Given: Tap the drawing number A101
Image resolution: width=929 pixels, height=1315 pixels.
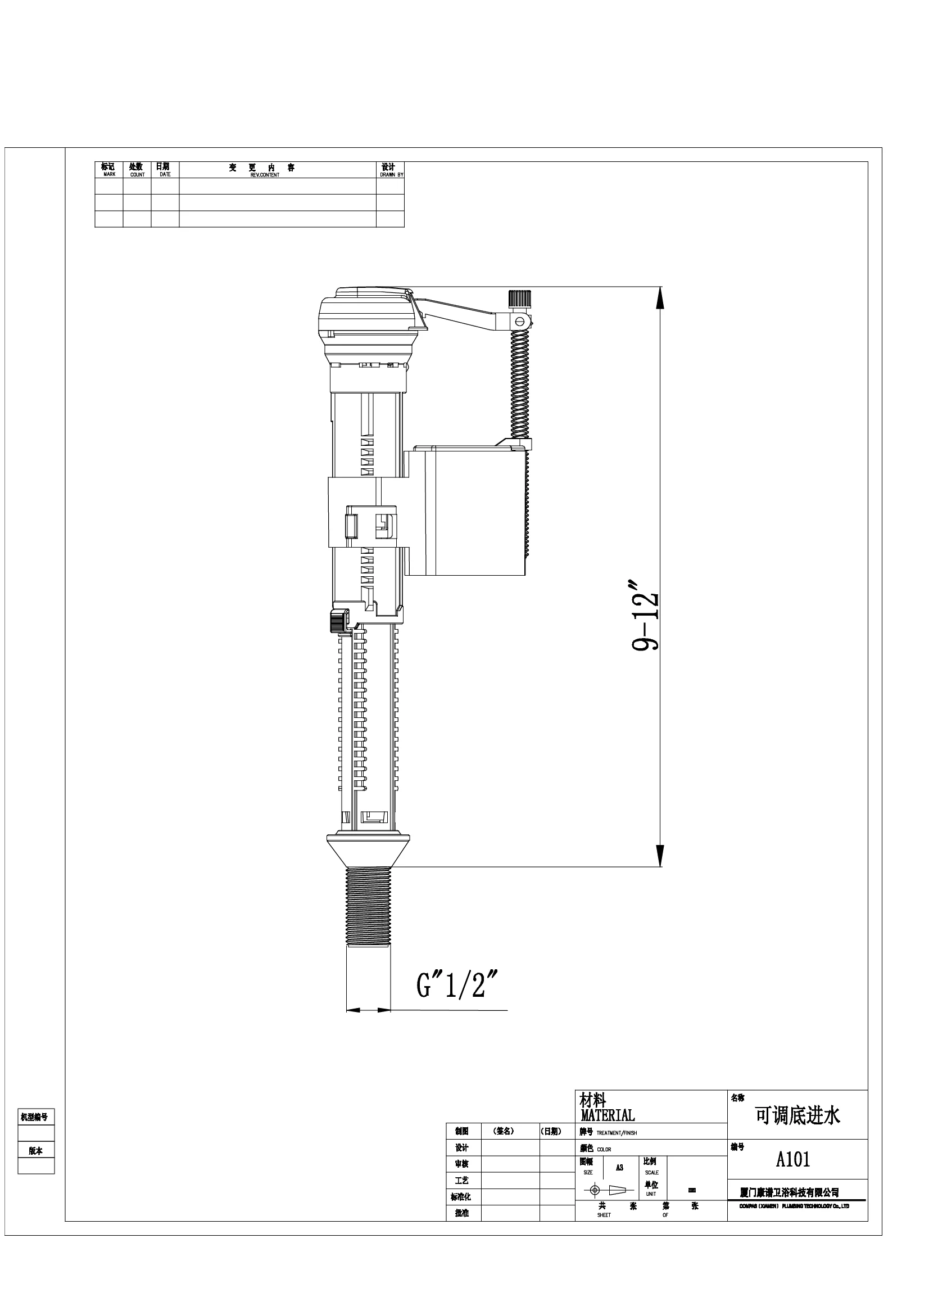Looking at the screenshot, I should (793, 1159).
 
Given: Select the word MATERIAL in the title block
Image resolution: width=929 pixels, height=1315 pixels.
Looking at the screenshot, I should (608, 1115).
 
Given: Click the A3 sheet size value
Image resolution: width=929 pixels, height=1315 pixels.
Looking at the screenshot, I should (619, 1167).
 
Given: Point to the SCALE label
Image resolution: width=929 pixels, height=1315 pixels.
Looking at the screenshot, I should (651, 1172).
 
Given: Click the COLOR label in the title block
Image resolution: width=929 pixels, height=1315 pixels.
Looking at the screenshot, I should (604, 1150).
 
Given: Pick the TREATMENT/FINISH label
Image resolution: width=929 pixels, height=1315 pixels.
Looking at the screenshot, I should (617, 1133).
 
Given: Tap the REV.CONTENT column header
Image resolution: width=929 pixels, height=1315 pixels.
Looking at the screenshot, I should (265, 175).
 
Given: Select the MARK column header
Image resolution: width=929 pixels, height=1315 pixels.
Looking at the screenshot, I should (110, 174).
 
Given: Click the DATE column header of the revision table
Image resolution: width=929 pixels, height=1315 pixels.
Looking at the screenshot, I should (165, 174).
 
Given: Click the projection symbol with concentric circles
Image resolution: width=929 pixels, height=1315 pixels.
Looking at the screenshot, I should (595, 1190).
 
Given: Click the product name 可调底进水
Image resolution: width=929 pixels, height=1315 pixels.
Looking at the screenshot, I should (797, 1115).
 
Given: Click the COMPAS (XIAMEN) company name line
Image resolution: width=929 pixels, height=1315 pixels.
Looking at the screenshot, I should (794, 1206).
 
